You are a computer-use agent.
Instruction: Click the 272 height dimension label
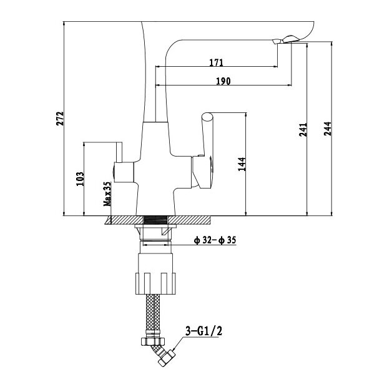click(60, 118)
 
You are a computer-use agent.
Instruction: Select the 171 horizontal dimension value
click(217, 62)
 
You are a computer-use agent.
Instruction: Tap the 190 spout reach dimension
click(223, 81)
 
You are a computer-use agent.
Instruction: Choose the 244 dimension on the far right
click(326, 128)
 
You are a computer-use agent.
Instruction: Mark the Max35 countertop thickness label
click(107, 194)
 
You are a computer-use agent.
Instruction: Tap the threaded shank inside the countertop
click(156, 220)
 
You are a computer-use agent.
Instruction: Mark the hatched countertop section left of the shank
click(125, 220)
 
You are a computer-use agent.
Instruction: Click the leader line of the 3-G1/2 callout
click(177, 340)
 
